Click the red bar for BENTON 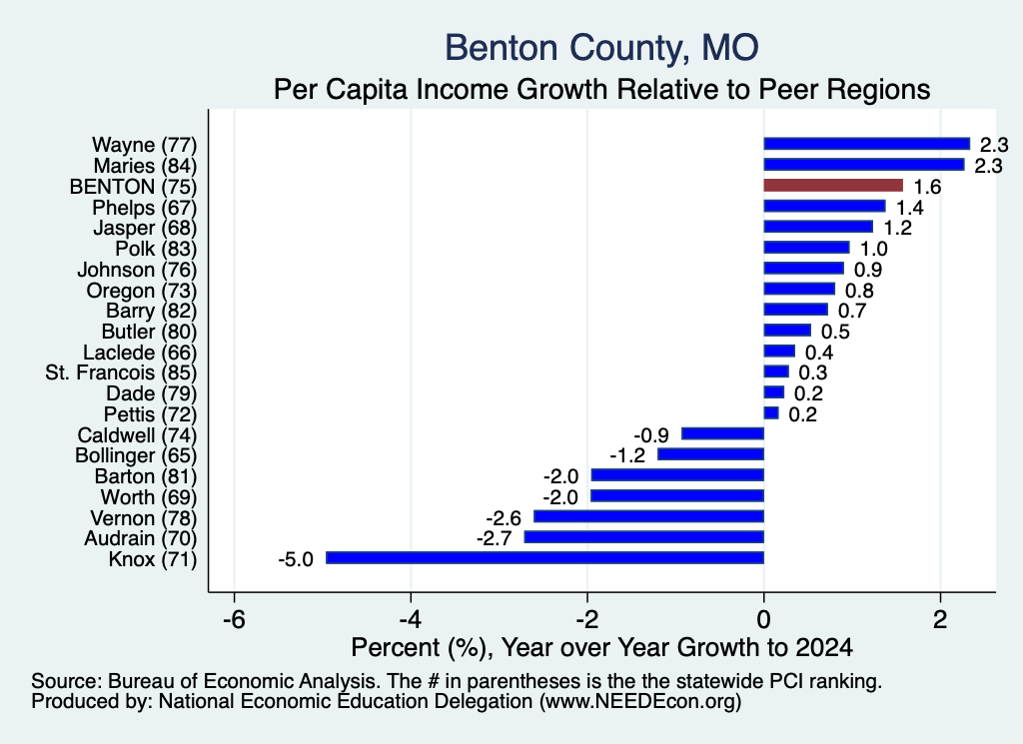[833, 185]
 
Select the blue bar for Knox [544, 557]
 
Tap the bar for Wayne [867, 144]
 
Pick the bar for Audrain [644, 537]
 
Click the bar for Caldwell [723, 433]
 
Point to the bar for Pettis [771, 413]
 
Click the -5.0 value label [296, 559]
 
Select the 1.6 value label [927, 187]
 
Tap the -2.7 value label [494, 538]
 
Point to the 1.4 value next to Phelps [909, 208]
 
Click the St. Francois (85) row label [121, 372]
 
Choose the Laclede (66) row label [140, 353]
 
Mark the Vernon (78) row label [144, 518]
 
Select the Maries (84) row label [145, 166]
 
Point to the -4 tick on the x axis [411, 619]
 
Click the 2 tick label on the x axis [940, 619]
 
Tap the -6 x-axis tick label [234, 619]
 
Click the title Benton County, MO [601, 48]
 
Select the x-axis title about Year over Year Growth [601, 647]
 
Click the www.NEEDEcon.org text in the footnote [640, 702]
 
